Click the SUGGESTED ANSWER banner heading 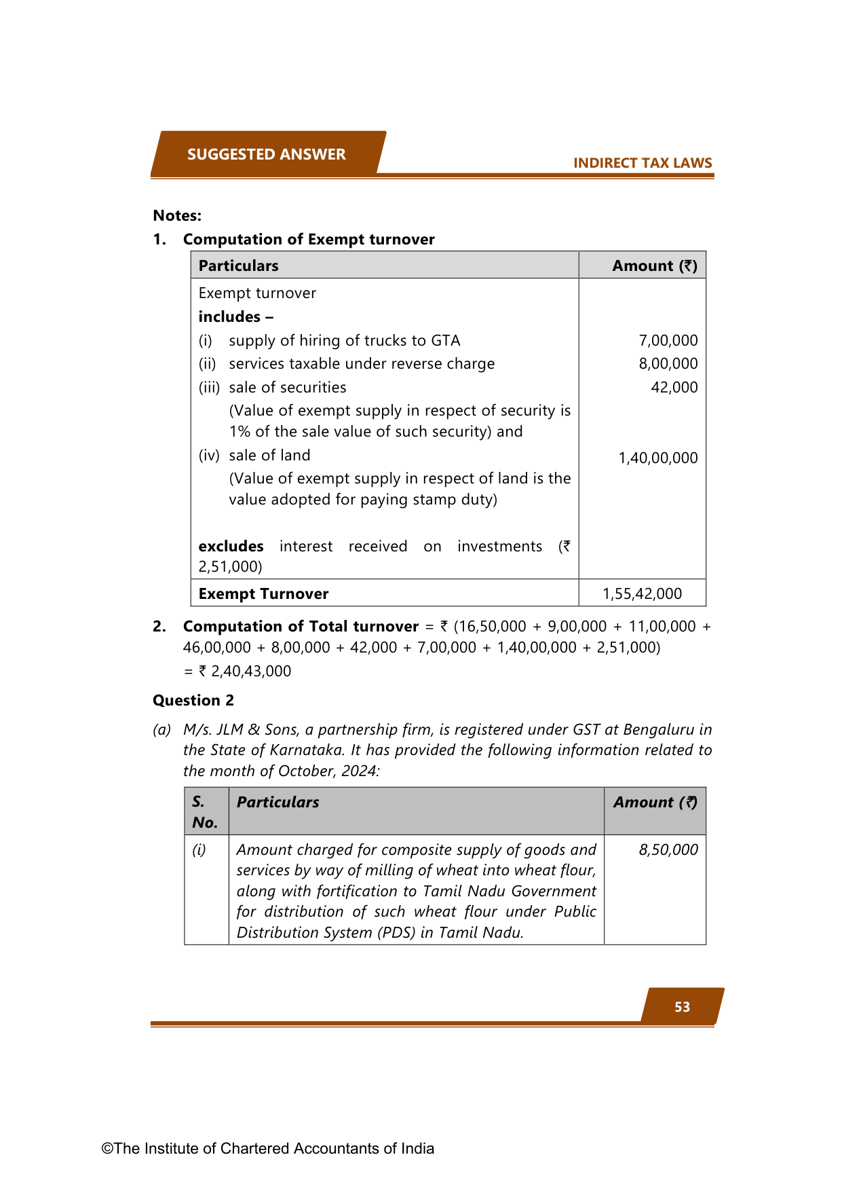pyautogui.click(x=266, y=154)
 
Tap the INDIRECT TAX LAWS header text pyautogui.click(x=642, y=163)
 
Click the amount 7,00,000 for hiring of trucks pyautogui.click(x=668, y=340)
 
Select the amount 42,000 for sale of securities pyautogui.click(x=674, y=387)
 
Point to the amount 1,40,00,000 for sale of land pyautogui.click(x=657, y=458)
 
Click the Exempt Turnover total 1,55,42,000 pyautogui.click(x=642, y=593)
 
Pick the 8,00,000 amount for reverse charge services pyautogui.click(x=668, y=363)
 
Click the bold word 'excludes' pyautogui.click(x=231, y=546)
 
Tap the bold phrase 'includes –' pyautogui.click(x=235, y=316)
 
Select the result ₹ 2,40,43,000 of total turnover pyautogui.click(x=244, y=671)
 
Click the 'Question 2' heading pyautogui.click(x=193, y=700)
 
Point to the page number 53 pyautogui.click(x=682, y=1007)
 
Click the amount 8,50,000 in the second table pyautogui.click(x=668, y=849)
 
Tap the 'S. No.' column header pyautogui.click(x=205, y=811)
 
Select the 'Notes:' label pyautogui.click(x=177, y=215)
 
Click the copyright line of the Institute pyautogui.click(x=267, y=1148)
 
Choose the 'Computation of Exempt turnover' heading pyautogui.click(x=309, y=239)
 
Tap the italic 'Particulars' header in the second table pyautogui.click(x=278, y=802)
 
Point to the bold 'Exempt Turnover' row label pyautogui.click(x=263, y=593)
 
